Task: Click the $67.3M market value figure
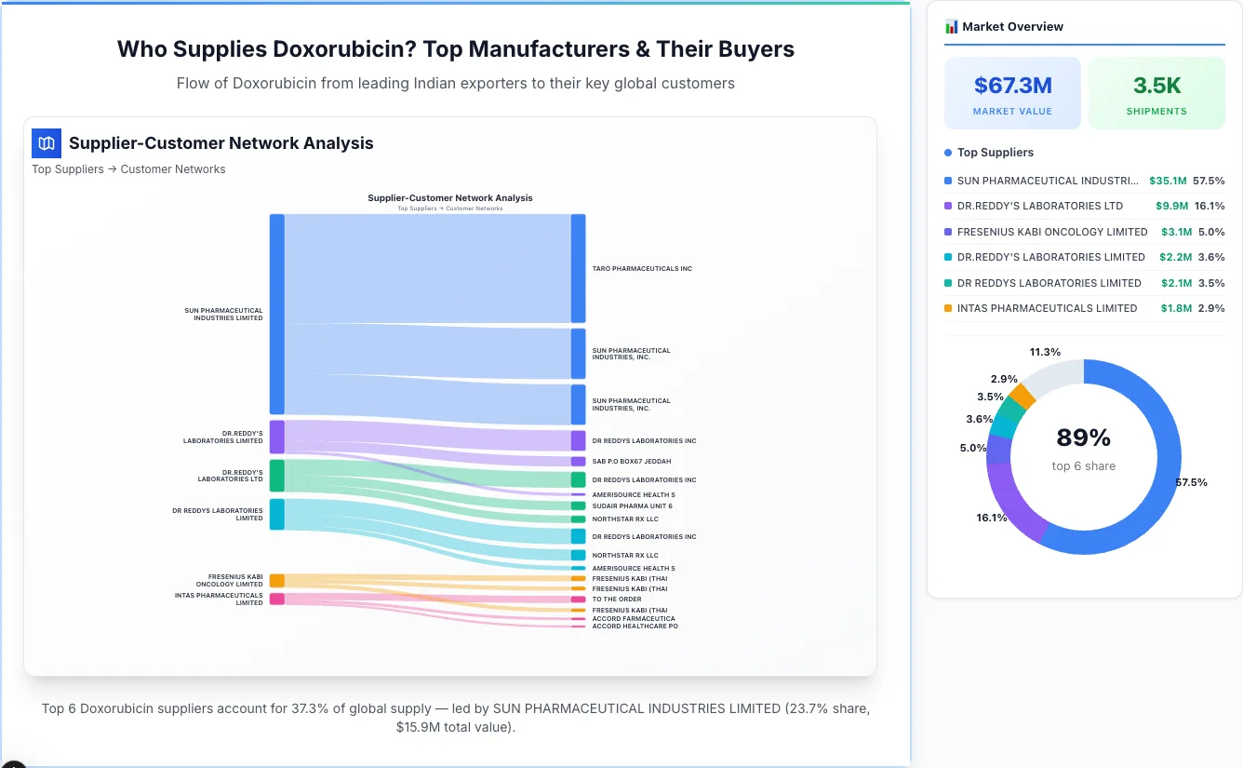(1012, 86)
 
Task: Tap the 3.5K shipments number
(1156, 86)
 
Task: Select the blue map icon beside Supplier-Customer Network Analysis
(46, 143)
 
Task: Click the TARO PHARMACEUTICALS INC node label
(642, 269)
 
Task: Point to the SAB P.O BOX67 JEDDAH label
(631, 462)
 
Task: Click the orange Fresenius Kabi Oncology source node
(276, 581)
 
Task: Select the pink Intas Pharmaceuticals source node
(276, 599)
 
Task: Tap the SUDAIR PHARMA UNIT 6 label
(632, 506)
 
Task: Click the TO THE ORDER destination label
(617, 600)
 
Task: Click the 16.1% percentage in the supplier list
(1210, 206)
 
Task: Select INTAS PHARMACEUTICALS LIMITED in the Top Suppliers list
(1047, 308)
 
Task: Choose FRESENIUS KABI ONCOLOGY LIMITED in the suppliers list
(1051, 232)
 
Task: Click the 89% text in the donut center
(1083, 438)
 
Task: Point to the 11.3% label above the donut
(1045, 352)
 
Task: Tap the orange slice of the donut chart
(1022, 396)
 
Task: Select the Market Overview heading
(1012, 27)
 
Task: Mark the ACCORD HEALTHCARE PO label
(635, 627)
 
